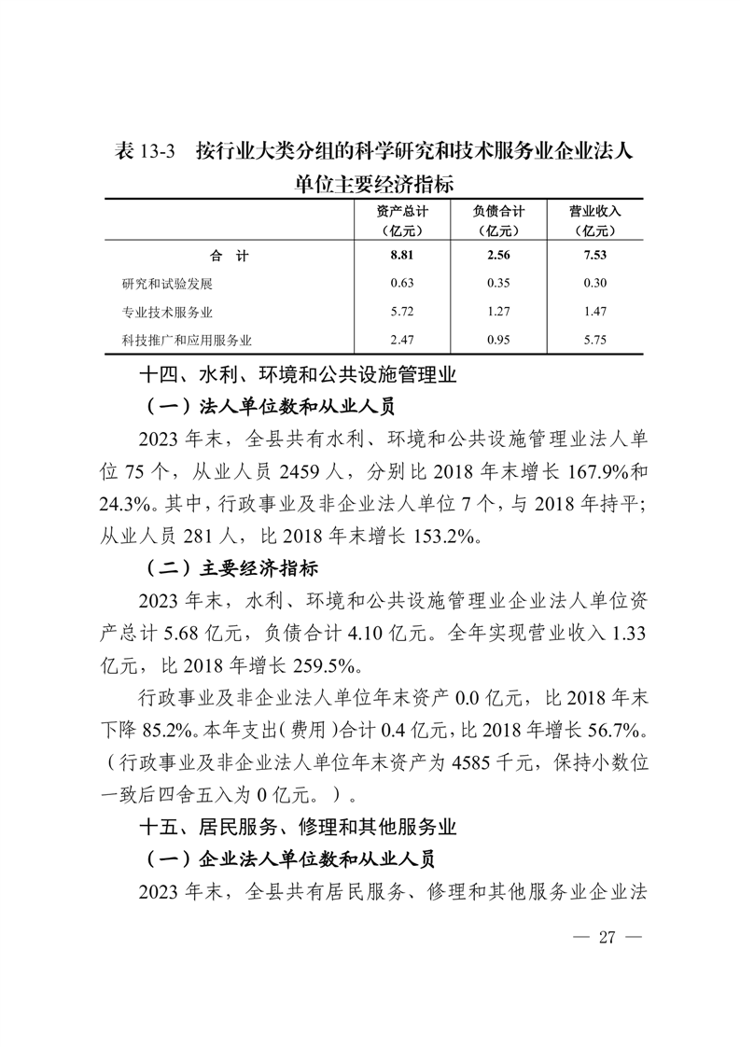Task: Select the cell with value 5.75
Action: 594,341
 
